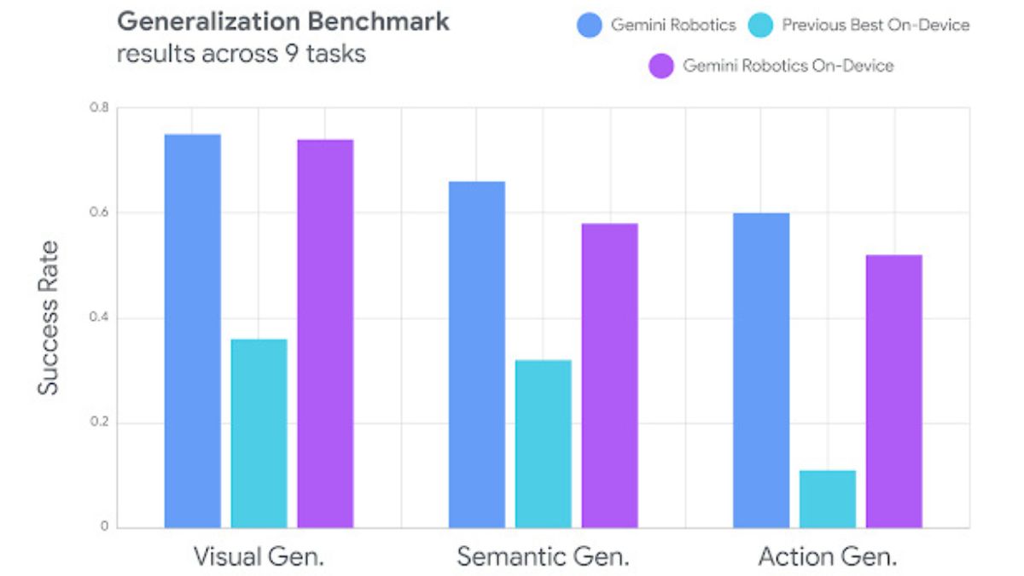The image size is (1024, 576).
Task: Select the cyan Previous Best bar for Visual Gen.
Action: click(259, 433)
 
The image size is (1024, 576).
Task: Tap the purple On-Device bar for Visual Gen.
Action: click(325, 334)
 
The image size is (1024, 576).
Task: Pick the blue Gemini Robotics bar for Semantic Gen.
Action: click(477, 354)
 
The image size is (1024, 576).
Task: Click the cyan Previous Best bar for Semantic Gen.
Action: click(544, 444)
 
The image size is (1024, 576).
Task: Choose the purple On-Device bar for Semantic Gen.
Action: click(609, 375)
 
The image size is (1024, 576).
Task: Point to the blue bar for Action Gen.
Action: click(761, 370)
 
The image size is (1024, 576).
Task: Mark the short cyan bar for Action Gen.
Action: click(828, 499)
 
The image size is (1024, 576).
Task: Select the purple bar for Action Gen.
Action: click(893, 391)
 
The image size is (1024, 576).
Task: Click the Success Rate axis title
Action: click(49, 318)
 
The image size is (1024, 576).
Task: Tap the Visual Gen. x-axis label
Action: click(259, 557)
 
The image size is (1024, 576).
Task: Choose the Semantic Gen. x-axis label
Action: click(543, 557)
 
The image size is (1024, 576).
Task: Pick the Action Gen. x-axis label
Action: click(827, 557)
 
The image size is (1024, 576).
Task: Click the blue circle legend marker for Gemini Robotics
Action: click(590, 25)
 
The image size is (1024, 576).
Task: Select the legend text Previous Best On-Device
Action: click(876, 25)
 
